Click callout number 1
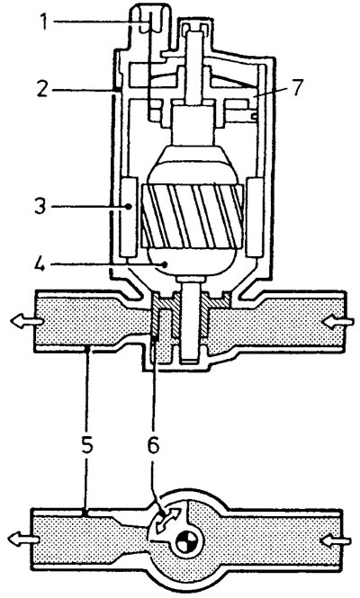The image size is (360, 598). tap(45, 22)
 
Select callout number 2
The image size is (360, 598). tap(43, 88)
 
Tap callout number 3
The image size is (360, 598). tap(40, 206)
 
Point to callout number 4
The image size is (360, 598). tap(39, 263)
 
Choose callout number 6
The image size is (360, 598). tap(153, 444)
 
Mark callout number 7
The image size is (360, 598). tap(297, 87)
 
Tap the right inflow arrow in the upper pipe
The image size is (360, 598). tap(338, 323)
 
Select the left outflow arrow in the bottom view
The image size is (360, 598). tap(23, 540)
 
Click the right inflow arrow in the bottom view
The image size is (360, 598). tap(336, 540)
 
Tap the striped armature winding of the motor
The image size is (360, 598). tap(193, 215)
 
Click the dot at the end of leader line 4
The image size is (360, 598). tap(165, 263)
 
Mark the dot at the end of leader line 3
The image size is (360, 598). tap(130, 206)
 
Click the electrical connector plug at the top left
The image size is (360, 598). tap(151, 22)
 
